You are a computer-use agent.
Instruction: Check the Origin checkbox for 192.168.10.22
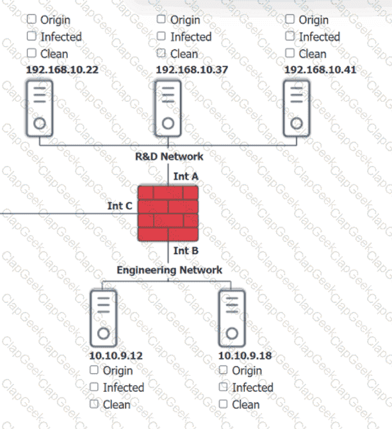click(x=31, y=20)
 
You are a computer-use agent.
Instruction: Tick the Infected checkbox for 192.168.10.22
click(x=31, y=36)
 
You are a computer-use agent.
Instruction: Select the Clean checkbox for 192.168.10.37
click(x=161, y=53)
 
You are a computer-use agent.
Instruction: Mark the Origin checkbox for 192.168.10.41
click(x=290, y=20)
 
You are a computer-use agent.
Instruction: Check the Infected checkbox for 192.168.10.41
click(x=290, y=36)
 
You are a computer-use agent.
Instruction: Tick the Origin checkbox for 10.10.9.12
click(x=94, y=370)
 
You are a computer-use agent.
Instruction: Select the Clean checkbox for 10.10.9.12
click(x=94, y=404)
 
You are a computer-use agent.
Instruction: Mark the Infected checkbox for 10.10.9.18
click(x=224, y=387)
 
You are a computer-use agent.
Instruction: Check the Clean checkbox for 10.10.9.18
click(x=224, y=404)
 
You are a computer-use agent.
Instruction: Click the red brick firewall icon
click(x=168, y=214)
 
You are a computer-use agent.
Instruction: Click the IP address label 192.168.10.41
click(x=320, y=69)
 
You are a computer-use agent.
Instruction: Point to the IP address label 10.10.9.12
click(x=117, y=355)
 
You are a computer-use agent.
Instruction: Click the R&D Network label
click(x=169, y=156)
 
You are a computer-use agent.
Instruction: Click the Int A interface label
click(x=186, y=175)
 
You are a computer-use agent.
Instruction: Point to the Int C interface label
click(x=120, y=206)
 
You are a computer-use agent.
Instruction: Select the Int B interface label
click(x=186, y=252)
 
